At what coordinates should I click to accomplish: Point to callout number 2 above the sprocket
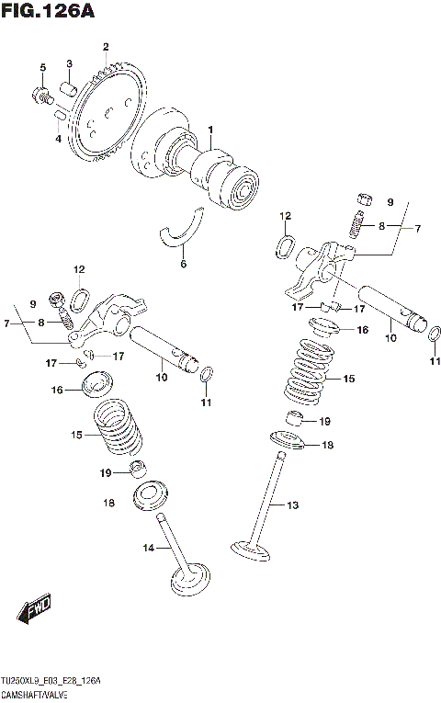(106, 46)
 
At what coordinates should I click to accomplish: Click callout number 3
(69, 62)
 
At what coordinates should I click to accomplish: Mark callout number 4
(57, 139)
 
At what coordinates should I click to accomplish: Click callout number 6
(183, 264)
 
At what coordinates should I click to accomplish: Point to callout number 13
(293, 505)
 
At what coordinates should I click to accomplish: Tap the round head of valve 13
(251, 551)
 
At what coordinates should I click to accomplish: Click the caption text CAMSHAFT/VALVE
(38, 692)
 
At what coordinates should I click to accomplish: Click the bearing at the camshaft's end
(245, 190)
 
